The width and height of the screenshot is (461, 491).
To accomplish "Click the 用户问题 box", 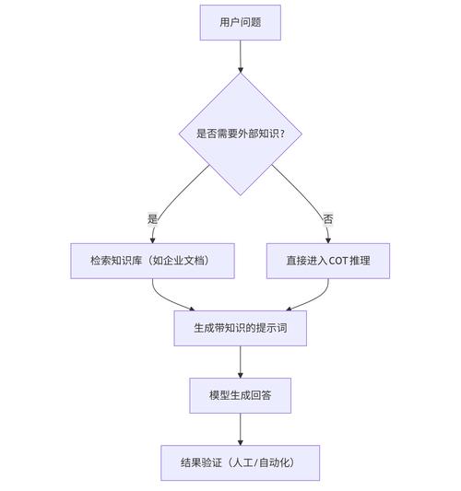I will pos(240,22).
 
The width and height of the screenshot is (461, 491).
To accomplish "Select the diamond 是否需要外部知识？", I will pos(240,134).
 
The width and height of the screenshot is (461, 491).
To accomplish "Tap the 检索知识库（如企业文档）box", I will pos(152,261).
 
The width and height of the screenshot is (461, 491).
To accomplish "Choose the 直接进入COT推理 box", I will pos(328,261).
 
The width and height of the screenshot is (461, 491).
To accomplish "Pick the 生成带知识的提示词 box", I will pos(240,328).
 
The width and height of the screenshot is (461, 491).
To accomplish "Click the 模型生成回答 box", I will pos(240,395).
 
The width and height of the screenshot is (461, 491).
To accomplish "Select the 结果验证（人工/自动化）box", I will pos(240,462).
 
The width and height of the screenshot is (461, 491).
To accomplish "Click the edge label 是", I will pos(153,219).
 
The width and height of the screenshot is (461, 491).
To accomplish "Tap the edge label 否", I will pos(327,219).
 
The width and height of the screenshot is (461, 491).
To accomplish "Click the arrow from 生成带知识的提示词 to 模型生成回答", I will pos(240,361).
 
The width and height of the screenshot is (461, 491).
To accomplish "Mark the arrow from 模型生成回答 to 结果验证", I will pos(240,428).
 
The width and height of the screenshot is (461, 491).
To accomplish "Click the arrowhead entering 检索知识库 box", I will pos(153,239).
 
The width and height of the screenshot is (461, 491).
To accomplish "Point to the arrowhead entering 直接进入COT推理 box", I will pos(328,239).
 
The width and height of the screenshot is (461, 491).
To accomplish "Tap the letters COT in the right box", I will pos(338,261).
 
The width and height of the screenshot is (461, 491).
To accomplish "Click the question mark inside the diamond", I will pos(295,134).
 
